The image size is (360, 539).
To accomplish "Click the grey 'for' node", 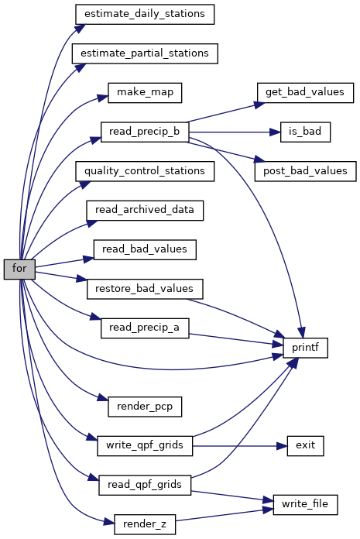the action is coord(19,269).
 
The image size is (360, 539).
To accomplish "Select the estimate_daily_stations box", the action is coord(145,15).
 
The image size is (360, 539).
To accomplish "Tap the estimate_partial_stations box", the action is coord(145,53).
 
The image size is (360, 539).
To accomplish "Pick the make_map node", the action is coord(145,93).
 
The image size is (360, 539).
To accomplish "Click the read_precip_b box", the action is coord(145,132).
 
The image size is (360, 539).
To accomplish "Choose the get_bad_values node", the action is coord(305,93).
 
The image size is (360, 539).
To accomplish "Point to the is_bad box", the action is coord(305,132).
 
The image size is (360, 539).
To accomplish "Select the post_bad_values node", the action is coord(305,171).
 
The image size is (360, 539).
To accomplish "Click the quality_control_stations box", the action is coord(145,171).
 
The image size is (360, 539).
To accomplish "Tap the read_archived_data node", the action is coord(145,211).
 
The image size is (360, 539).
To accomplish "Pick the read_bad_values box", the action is coord(145,249).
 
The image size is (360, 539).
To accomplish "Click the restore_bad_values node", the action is coord(145,289).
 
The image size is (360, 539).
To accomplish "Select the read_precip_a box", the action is coord(145,328).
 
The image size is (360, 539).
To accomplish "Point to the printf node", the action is coord(305,348).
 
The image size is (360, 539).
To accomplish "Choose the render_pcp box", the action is coord(145,407).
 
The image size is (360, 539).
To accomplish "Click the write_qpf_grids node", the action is coord(145,446).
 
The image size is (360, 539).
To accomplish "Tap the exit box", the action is coord(305,446).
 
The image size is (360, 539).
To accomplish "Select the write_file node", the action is coord(305,505).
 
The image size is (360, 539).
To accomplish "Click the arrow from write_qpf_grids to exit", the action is coord(240,446).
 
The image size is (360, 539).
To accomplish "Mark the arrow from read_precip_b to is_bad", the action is coord(235,132).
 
